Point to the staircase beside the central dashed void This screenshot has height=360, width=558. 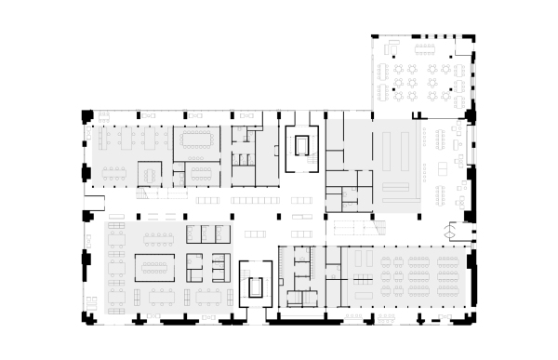coord(379,228)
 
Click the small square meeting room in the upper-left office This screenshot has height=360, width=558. coord(149,173)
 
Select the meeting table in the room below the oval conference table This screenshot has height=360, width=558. coord(201,173)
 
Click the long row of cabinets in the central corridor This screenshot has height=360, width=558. coord(253,200)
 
